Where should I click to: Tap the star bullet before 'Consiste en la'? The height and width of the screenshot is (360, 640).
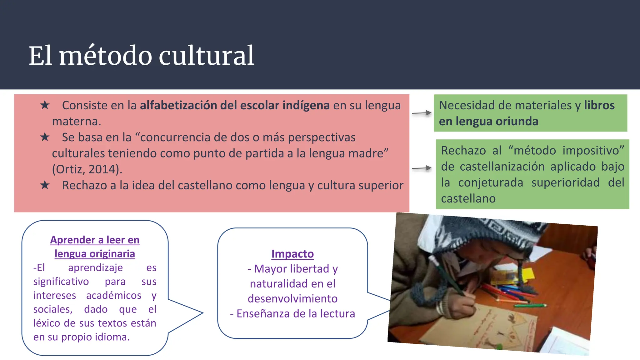(x=45, y=105)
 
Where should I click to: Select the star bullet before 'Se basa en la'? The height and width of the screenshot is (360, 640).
(x=45, y=137)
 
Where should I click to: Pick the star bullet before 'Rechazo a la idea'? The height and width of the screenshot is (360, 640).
(x=45, y=185)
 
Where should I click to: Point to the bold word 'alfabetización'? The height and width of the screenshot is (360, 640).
(x=178, y=105)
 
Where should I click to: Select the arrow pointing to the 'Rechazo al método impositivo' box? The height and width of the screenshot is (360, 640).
(x=422, y=168)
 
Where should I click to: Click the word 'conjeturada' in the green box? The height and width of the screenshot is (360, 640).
(x=491, y=182)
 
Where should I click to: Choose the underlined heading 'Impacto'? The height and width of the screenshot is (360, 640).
(x=292, y=254)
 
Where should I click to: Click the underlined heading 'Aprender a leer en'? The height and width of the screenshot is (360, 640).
(x=95, y=240)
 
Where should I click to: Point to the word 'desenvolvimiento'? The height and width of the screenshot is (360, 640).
(x=292, y=299)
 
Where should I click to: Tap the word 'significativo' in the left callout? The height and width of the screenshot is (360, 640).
(x=61, y=282)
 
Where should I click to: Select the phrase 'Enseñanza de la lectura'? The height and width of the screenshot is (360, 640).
(x=296, y=313)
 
